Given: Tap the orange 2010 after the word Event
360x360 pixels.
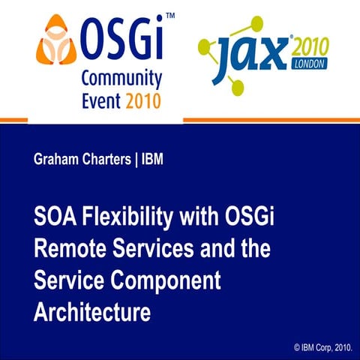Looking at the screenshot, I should point(139,100).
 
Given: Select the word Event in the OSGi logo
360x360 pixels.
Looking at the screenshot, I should point(99,100).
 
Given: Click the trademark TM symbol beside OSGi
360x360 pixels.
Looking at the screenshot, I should point(170,15).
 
